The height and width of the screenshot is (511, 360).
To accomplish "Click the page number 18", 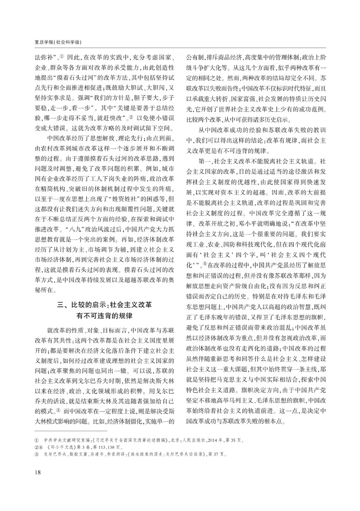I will tap(31, 484).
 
